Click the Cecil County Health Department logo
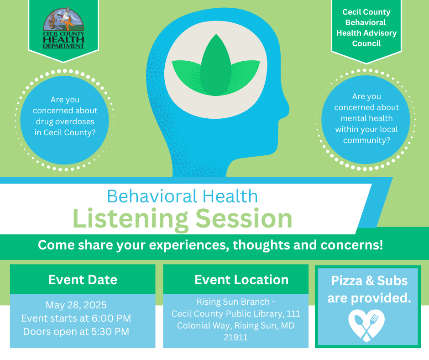pyautogui.click(x=63, y=28)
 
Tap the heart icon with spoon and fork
pyautogui.click(x=366, y=325)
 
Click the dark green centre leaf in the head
pyautogui.click(x=216, y=65)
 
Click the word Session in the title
pyautogui.click(x=244, y=219)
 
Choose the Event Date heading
pyautogui.click(x=83, y=280)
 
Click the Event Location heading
pyautogui.click(x=241, y=280)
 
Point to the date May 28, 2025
pyautogui.click(x=76, y=305)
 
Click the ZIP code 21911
pyautogui.click(x=235, y=337)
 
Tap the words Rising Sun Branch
pyautogui.click(x=233, y=302)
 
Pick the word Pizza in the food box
pyautogui.click(x=347, y=281)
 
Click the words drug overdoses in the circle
pyautogui.click(x=65, y=122)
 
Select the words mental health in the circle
pyautogui.click(x=366, y=118)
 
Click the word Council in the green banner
pyautogui.click(x=366, y=43)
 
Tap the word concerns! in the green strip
pyautogui.click(x=352, y=245)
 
